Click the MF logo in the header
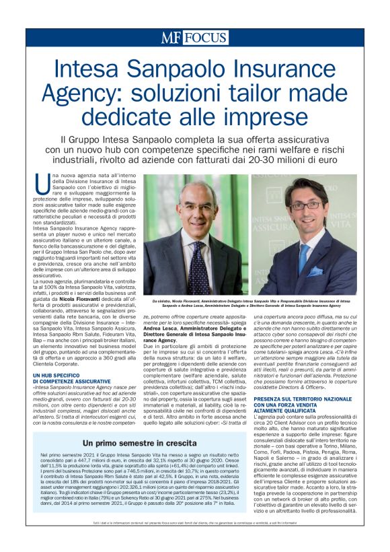pyautogui.click(x=169, y=38)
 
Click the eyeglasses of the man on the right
pyautogui.click(x=307, y=205)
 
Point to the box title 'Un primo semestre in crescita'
pyautogui.click(x=140, y=444)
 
